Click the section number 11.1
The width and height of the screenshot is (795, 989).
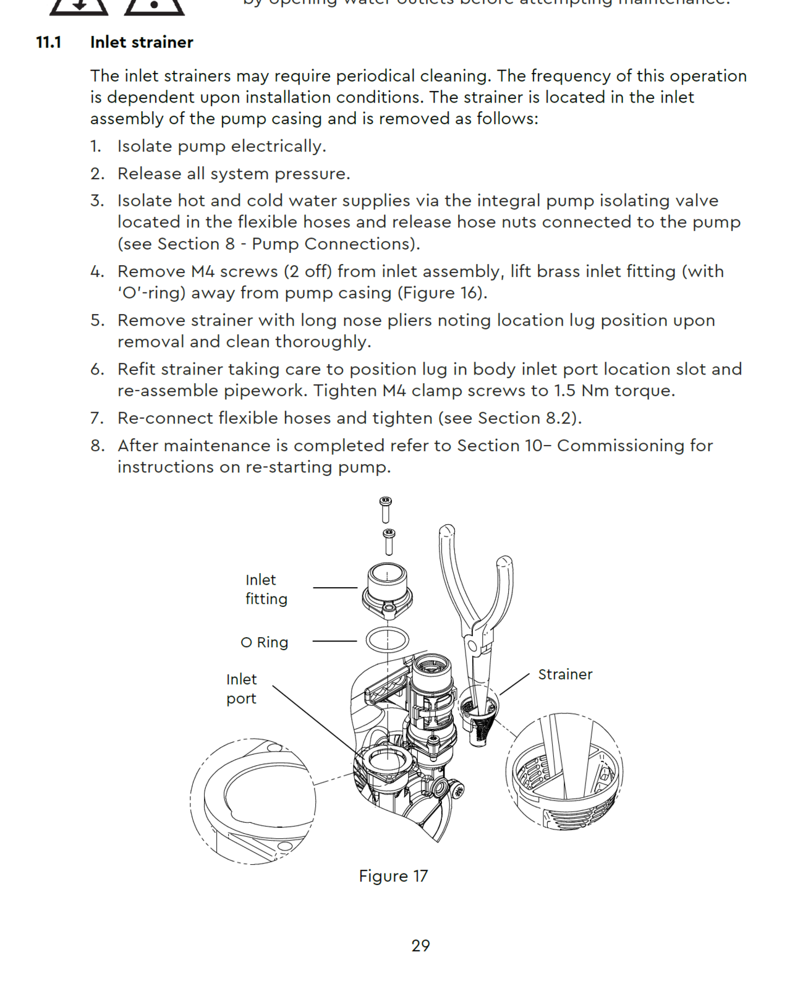tap(49, 42)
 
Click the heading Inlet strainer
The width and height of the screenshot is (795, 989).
tap(142, 42)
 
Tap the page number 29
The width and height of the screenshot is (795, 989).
tap(420, 946)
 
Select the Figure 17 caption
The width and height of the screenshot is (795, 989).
tap(393, 876)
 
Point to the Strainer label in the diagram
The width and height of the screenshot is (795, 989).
tap(565, 674)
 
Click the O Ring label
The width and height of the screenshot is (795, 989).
tap(265, 642)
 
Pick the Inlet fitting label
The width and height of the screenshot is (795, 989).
tap(266, 589)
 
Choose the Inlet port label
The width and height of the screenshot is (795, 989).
tap(241, 689)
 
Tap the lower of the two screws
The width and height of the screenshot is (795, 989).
tap(389, 541)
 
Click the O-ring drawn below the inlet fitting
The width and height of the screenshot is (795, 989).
tap(388, 640)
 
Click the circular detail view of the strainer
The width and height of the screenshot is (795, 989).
tap(564, 771)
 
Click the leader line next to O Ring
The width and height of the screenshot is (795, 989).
tap(334, 641)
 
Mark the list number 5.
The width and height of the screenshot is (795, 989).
tap(97, 320)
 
